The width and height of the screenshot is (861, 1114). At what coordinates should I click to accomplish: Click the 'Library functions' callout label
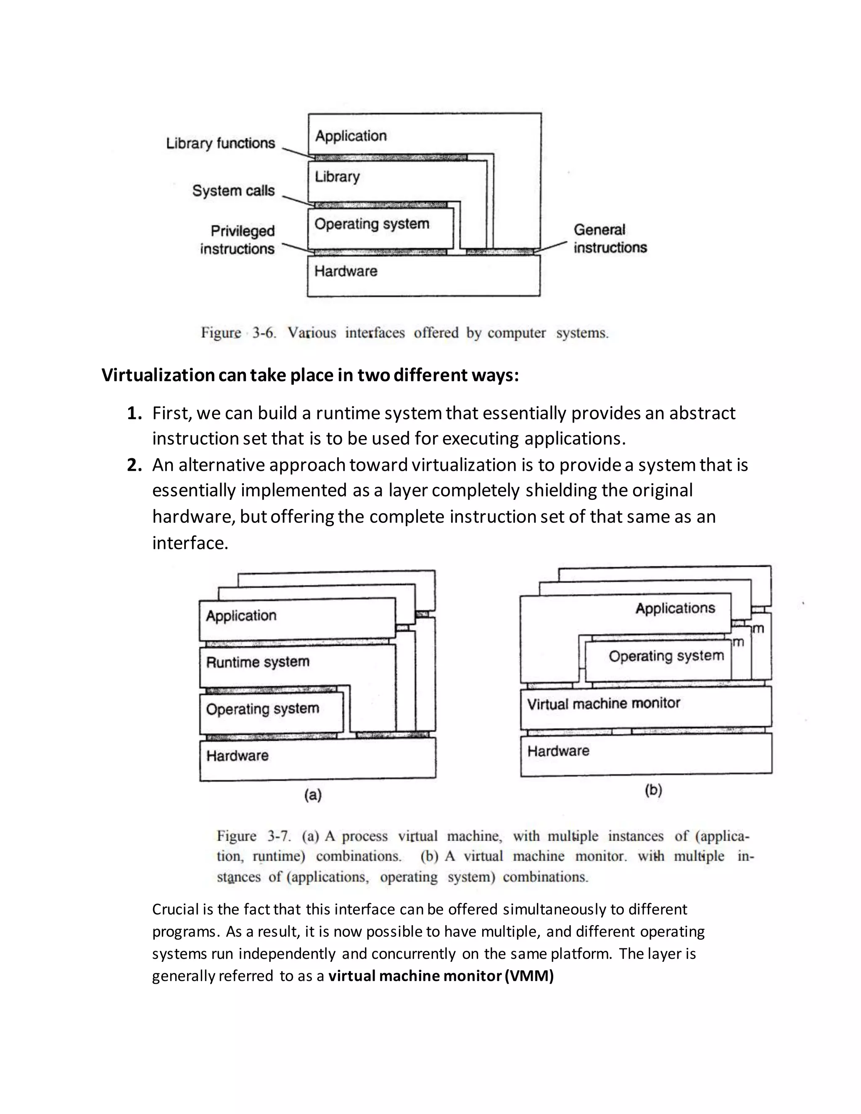click(220, 143)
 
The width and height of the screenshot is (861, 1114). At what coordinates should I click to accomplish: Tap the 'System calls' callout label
click(233, 191)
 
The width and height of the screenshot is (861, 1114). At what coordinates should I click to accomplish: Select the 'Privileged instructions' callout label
click(237, 240)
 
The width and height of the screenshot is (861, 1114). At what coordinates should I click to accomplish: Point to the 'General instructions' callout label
click(610, 238)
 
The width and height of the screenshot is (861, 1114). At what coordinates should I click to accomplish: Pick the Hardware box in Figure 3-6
click(423, 276)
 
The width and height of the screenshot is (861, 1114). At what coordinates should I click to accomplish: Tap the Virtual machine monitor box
click(645, 707)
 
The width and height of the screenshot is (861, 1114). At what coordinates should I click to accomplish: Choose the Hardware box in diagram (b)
click(645, 754)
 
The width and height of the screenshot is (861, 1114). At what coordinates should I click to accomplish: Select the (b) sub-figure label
click(653, 790)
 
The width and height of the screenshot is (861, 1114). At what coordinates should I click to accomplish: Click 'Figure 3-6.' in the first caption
click(238, 333)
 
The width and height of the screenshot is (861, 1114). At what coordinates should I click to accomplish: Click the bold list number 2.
click(134, 465)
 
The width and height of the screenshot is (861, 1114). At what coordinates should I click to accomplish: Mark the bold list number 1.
click(134, 413)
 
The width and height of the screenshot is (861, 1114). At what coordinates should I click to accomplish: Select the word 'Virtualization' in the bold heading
click(158, 375)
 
